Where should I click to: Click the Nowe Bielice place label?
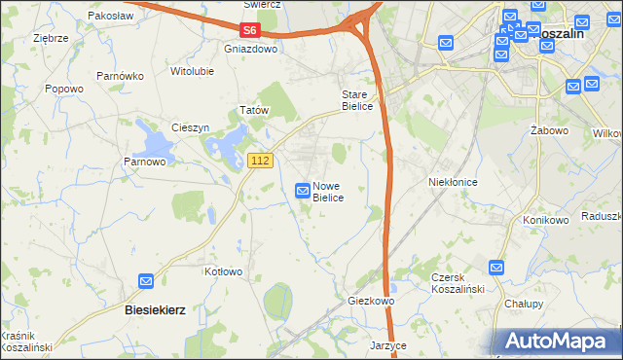point(327,191)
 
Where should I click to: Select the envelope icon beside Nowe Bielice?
point(303,191)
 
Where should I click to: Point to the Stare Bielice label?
point(356,100)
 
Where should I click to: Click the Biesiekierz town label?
point(156,308)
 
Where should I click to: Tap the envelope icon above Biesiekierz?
point(146,281)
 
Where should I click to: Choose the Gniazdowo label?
point(251,49)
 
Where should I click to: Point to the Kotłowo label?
point(223,272)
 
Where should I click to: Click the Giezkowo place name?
point(371,302)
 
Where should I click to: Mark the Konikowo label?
point(545,220)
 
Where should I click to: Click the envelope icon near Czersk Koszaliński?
point(496,267)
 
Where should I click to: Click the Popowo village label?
point(64,89)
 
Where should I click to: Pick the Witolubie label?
point(192,71)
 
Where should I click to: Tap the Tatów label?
point(254,111)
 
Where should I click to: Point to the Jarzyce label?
point(387,345)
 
